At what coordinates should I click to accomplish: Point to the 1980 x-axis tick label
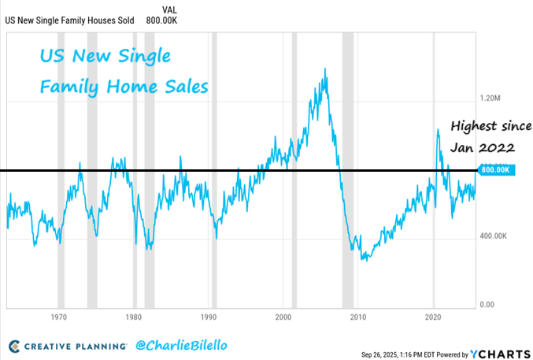[x=133, y=317]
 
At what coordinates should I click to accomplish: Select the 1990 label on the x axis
[x=208, y=317]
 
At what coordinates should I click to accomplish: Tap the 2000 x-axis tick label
[x=283, y=317]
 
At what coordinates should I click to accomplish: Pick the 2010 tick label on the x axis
[x=358, y=317]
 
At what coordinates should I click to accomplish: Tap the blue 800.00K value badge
[x=497, y=169]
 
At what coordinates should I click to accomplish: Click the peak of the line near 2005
[x=326, y=69]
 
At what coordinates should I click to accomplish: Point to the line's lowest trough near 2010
[x=365, y=259]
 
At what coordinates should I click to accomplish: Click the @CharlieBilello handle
[x=177, y=345]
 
